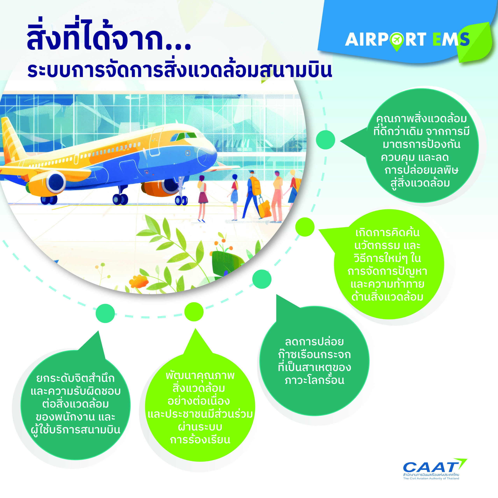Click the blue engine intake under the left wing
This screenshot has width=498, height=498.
56,182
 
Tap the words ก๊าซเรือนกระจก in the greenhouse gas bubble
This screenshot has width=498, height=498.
315,355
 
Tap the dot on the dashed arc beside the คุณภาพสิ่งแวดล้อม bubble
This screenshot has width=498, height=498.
326,140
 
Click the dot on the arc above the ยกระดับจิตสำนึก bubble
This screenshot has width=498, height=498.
105,313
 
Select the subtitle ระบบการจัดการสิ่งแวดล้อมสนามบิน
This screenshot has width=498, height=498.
180,70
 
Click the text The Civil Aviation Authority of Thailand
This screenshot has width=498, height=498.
431,478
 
